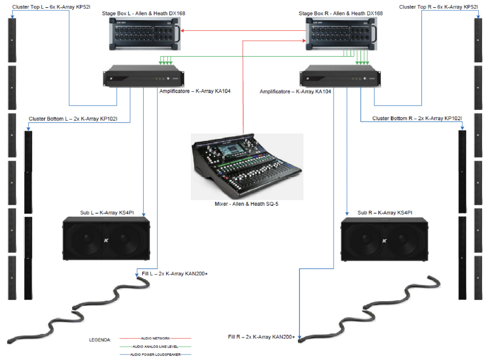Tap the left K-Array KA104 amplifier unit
point(138,77)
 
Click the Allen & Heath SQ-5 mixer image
point(247,166)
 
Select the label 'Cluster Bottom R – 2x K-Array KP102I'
point(417,118)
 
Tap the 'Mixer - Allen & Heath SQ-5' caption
point(247,204)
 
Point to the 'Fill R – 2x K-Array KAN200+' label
point(261,337)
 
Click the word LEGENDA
point(100,340)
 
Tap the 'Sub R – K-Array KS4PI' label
point(385,213)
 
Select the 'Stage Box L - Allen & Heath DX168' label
point(144,14)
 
